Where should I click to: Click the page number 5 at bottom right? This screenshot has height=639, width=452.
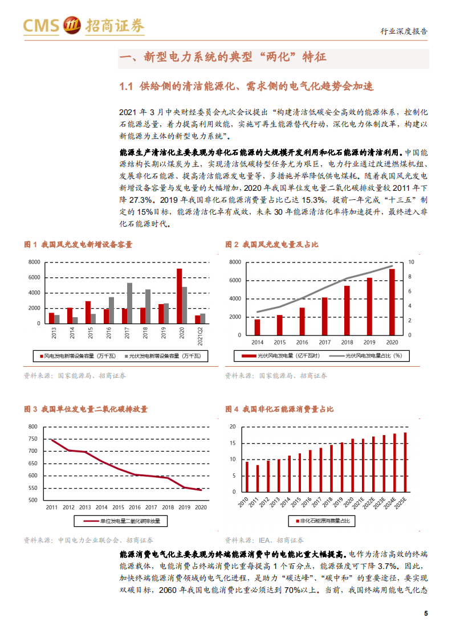426,613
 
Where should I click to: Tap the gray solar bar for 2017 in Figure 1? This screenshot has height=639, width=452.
130,303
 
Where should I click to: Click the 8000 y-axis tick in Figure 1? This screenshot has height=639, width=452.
34,262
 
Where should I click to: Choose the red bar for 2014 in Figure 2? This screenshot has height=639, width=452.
257,327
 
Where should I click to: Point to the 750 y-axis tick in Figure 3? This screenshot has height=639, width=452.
32,439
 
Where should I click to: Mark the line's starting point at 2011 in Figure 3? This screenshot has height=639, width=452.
51,439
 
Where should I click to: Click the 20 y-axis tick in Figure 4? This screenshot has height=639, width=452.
232,427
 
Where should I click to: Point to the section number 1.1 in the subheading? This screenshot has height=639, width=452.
125,87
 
